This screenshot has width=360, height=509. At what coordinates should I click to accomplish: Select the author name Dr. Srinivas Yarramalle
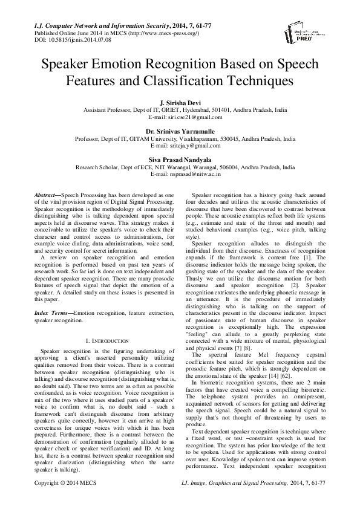[x=180, y=131]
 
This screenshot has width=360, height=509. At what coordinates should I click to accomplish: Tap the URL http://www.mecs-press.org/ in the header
[x=154, y=34]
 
